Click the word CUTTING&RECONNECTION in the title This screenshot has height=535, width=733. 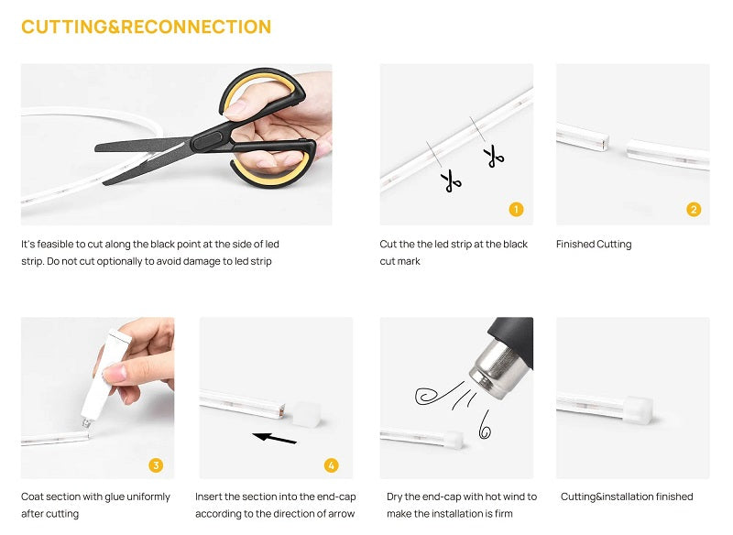point(147,27)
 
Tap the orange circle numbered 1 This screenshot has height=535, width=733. point(516,209)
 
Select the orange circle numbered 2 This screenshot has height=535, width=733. point(694,209)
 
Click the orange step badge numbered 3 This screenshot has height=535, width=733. point(156,465)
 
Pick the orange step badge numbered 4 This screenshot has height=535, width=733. point(332,465)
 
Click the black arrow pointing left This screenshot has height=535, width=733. point(274,438)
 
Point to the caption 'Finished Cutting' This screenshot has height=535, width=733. point(594,245)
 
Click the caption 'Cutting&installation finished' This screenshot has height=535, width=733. point(627,497)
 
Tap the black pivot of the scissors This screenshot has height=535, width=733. point(207,140)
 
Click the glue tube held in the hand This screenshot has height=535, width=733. point(104,376)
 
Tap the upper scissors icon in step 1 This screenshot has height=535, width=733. point(494,156)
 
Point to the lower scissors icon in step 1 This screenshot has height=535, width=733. point(451,180)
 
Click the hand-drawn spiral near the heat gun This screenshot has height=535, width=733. point(428,397)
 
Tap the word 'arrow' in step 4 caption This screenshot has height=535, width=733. point(341,514)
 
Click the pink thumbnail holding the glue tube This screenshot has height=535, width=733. point(115,374)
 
